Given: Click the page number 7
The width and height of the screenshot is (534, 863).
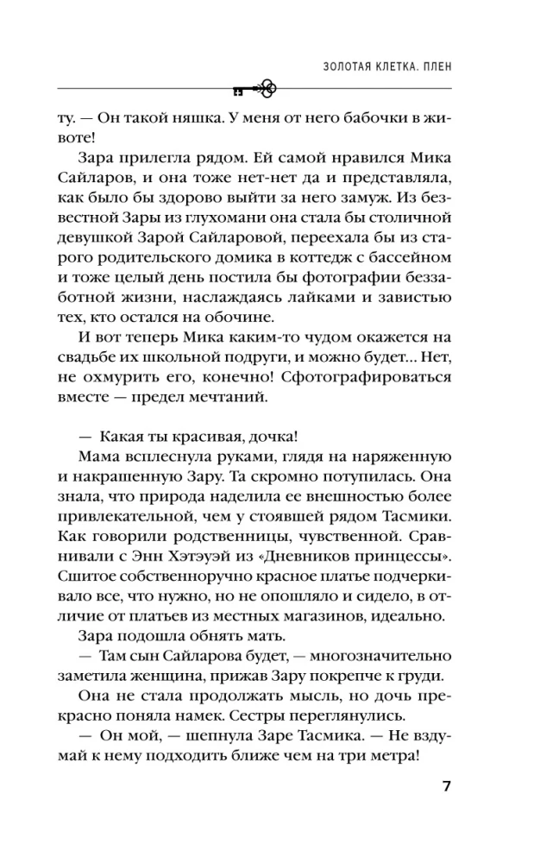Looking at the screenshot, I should [x=445, y=786].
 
